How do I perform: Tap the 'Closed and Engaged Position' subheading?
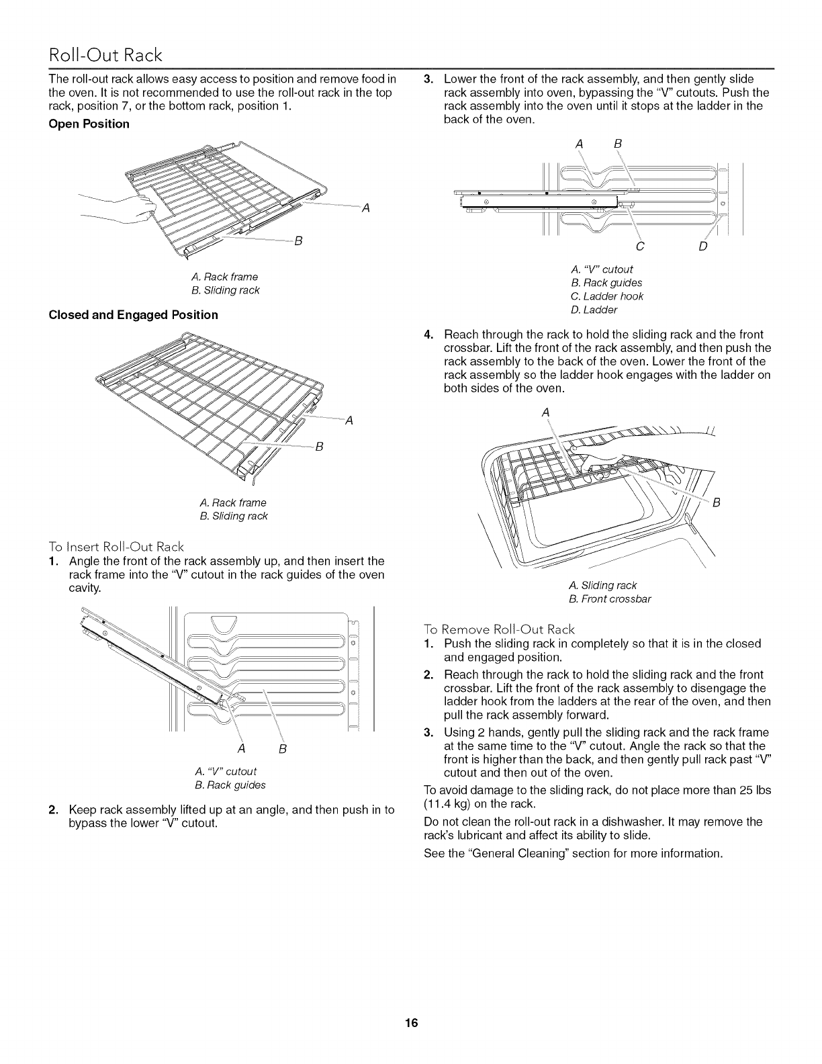(x=134, y=314)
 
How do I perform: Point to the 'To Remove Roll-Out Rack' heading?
(x=500, y=629)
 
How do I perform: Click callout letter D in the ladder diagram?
(x=702, y=247)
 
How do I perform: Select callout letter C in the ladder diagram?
(x=640, y=247)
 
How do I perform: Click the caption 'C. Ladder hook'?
(x=606, y=296)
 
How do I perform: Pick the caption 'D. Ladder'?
(x=593, y=310)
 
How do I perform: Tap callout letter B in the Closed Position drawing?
(x=320, y=448)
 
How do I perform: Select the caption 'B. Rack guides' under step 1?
(x=221, y=785)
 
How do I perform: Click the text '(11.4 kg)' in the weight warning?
(x=449, y=803)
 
